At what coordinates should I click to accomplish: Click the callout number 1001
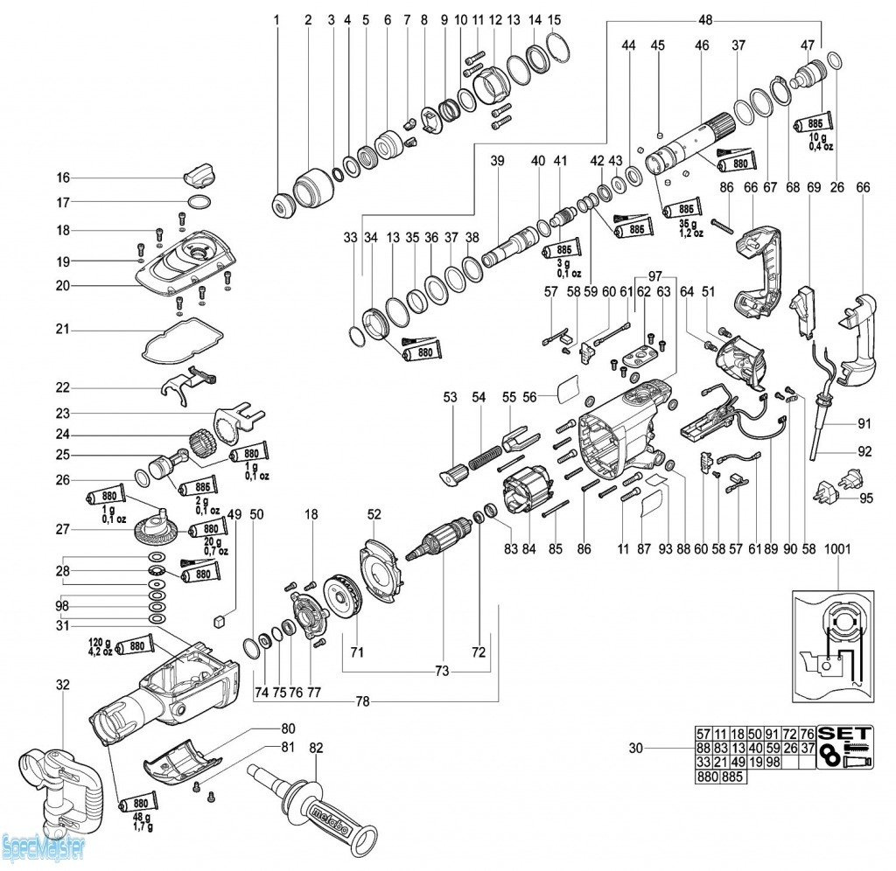(x=837, y=549)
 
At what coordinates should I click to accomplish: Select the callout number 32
(x=63, y=685)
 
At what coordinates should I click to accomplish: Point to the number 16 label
(x=63, y=178)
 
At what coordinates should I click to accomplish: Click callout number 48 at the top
(x=705, y=18)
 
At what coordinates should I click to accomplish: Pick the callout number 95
(x=866, y=499)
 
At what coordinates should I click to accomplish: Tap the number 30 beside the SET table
(x=636, y=749)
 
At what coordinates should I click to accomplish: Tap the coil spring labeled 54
(x=485, y=456)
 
